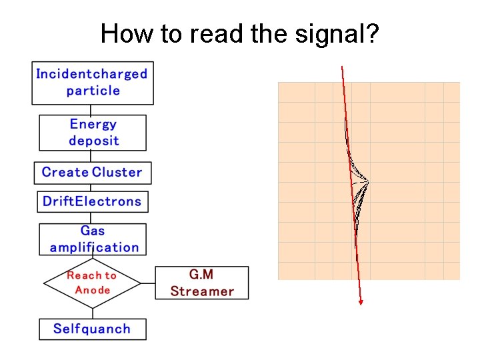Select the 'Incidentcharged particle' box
pos(93,83)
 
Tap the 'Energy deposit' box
pos(93,133)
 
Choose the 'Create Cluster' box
pos(93,173)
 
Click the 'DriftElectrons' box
pos(93,201)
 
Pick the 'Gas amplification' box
pos(93,239)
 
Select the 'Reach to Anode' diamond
pos(92,283)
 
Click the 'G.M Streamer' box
pos(201,283)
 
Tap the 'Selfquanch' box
pos(92,329)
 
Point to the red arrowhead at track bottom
pos(361,302)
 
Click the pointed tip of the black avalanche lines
pos(368,181)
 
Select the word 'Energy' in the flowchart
pos(93,125)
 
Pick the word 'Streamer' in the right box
pos(202,291)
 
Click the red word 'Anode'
pos(93,290)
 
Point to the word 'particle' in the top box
pos(93,91)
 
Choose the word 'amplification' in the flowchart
pos(94,247)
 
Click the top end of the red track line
pos(342,67)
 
